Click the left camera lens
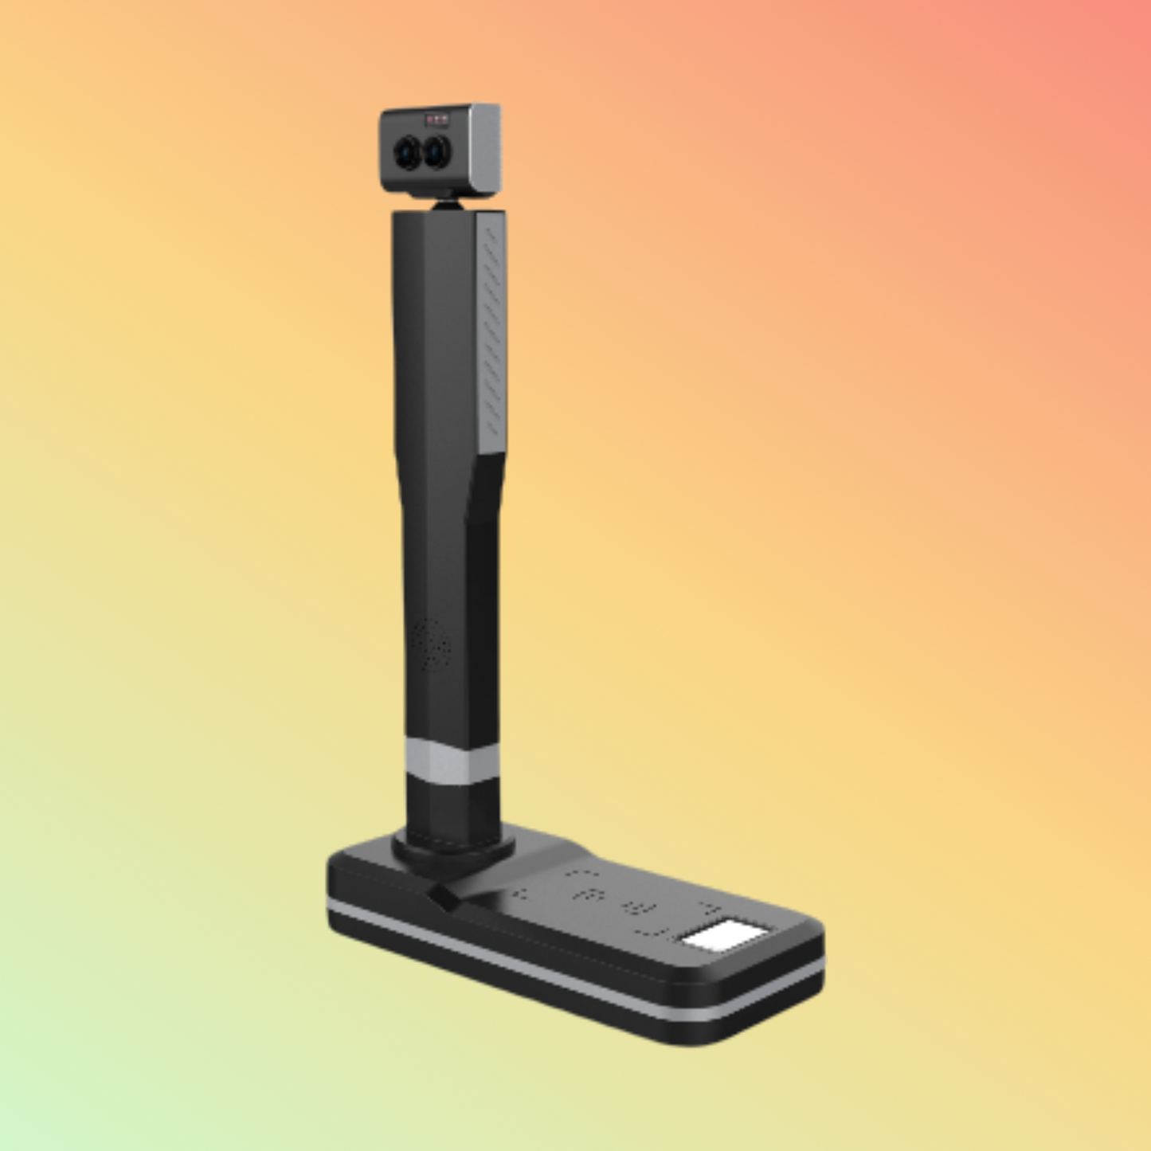click(407, 151)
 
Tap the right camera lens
click(436, 151)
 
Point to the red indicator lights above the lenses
click(437, 120)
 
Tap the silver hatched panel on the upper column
click(492, 327)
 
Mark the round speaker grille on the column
click(430, 644)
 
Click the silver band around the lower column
click(451, 761)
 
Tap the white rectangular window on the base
click(724, 936)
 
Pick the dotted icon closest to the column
click(519, 893)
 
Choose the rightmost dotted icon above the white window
click(709, 909)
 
